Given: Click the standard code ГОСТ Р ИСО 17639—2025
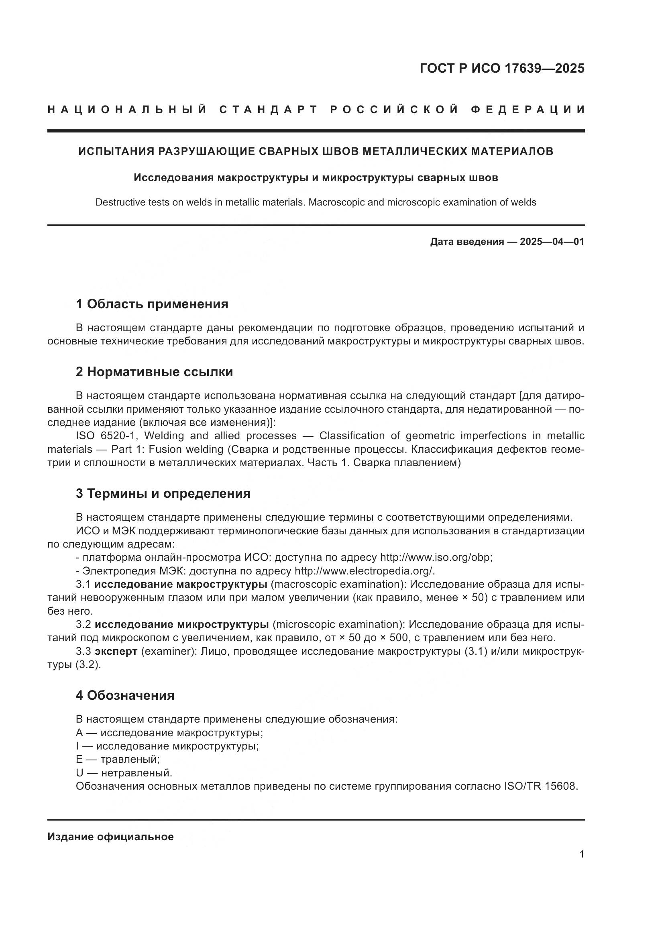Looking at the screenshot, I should click(x=502, y=68).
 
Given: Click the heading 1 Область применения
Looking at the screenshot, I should click(x=152, y=304).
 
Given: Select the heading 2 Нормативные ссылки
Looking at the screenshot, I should click(x=154, y=372).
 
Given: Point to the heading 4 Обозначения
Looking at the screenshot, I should click(x=125, y=695).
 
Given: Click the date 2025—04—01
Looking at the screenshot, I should click(x=552, y=242).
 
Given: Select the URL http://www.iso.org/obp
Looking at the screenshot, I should click(x=436, y=558).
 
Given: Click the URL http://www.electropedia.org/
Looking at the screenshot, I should click(x=364, y=571).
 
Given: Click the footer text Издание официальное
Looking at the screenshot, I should click(x=110, y=837).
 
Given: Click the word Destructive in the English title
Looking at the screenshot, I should click(x=116, y=202).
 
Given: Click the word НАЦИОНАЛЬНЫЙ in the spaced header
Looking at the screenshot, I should click(x=127, y=110).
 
